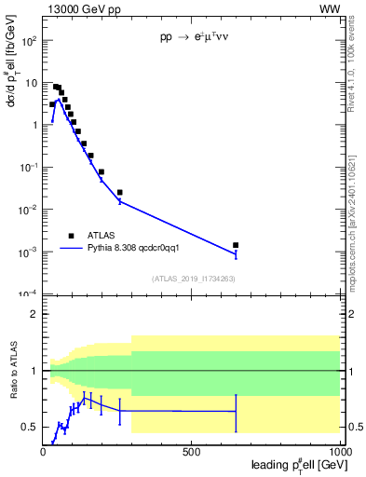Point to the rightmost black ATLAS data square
[x=236, y=245]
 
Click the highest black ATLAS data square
[x=56, y=87]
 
